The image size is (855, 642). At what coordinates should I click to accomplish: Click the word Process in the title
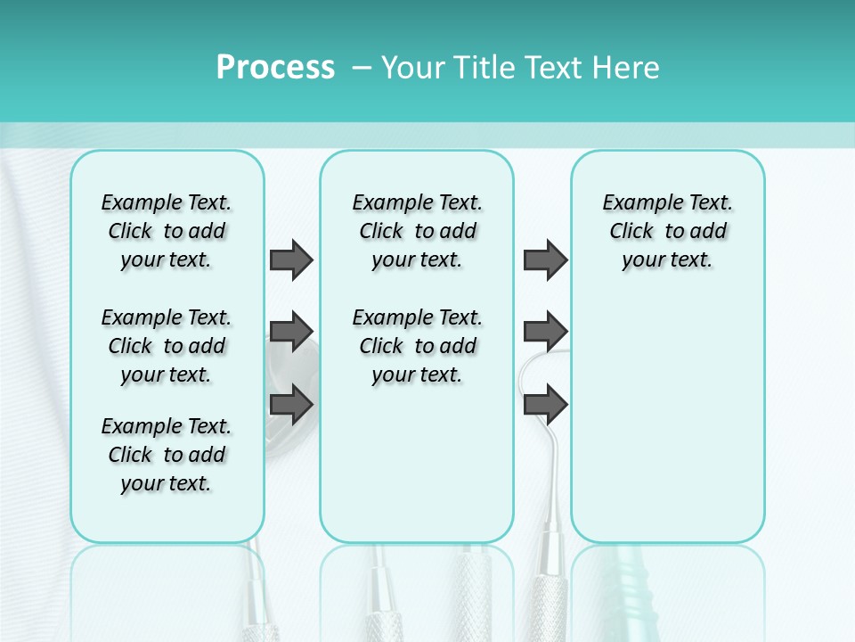pyautogui.click(x=275, y=67)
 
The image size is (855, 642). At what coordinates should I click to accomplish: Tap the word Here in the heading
pyautogui.click(x=627, y=67)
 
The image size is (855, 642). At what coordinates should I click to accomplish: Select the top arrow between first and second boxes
pyautogui.click(x=291, y=259)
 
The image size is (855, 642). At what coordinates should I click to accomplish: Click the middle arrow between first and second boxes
pyautogui.click(x=291, y=332)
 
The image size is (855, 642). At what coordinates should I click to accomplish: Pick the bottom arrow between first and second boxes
pyautogui.click(x=291, y=405)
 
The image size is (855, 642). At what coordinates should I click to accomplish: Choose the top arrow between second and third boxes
pyautogui.click(x=545, y=259)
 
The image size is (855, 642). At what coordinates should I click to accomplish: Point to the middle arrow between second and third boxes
pyautogui.click(x=545, y=332)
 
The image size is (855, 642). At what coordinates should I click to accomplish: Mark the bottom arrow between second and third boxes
pyautogui.click(x=545, y=405)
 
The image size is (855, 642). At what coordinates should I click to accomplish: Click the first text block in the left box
pyautogui.click(x=167, y=231)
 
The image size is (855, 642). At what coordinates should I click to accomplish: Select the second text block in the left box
pyautogui.click(x=167, y=346)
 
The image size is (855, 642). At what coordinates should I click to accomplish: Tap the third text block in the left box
pyautogui.click(x=167, y=455)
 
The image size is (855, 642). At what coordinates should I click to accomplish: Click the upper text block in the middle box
pyautogui.click(x=417, y=231)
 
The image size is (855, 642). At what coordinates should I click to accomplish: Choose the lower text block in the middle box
pyautogui.click(x=417, y=346)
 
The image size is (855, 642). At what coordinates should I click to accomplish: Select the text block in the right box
pyautogui.click(x=667, y=231)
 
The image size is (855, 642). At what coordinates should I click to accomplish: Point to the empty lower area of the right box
pyautogui.click(x=667, y=419)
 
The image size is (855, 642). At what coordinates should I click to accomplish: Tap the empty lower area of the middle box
pyautogui.click(x=417, y=464)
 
